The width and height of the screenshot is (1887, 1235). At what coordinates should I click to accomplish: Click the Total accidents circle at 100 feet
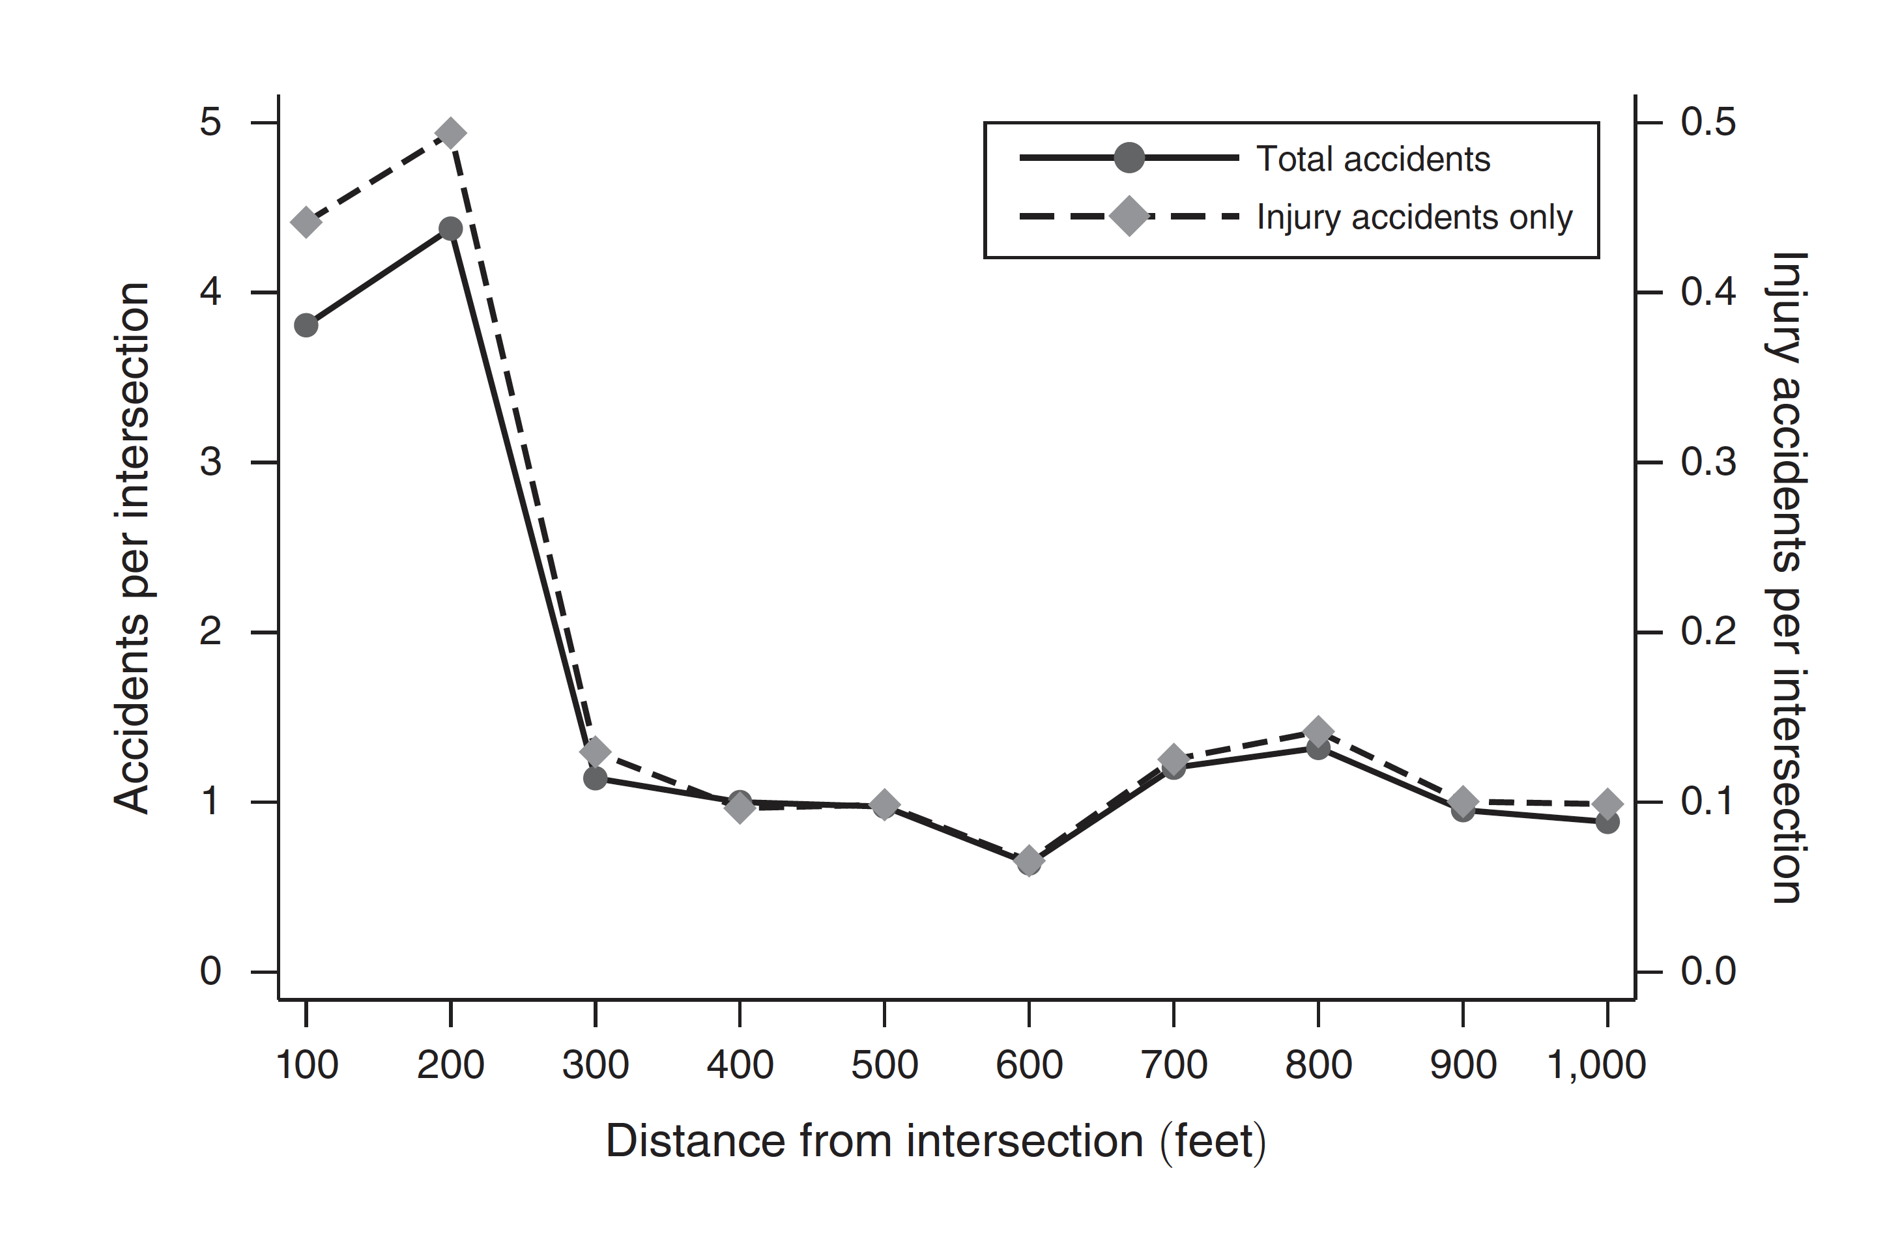306,325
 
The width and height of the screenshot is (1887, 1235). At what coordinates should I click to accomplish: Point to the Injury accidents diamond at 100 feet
306,223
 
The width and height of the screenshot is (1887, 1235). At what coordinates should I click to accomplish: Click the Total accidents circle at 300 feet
596,778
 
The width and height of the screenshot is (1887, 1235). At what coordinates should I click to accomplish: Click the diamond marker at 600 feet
1029,860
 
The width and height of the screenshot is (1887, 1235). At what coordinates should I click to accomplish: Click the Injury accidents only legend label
1414,217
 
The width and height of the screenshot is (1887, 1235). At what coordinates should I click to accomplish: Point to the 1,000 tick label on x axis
1596,1064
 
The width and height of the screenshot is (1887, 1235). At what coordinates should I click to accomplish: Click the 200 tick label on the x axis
450,1064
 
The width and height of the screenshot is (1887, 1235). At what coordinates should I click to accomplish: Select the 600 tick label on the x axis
1029,1064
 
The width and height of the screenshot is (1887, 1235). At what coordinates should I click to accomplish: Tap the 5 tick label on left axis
210,123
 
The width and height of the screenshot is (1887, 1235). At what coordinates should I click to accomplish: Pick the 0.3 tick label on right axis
1708,462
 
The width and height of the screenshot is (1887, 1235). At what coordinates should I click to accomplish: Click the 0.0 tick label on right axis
1708,971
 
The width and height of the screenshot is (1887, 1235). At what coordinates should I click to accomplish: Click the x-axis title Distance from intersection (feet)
936,1141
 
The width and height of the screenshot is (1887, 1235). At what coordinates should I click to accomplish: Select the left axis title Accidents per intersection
132,547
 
